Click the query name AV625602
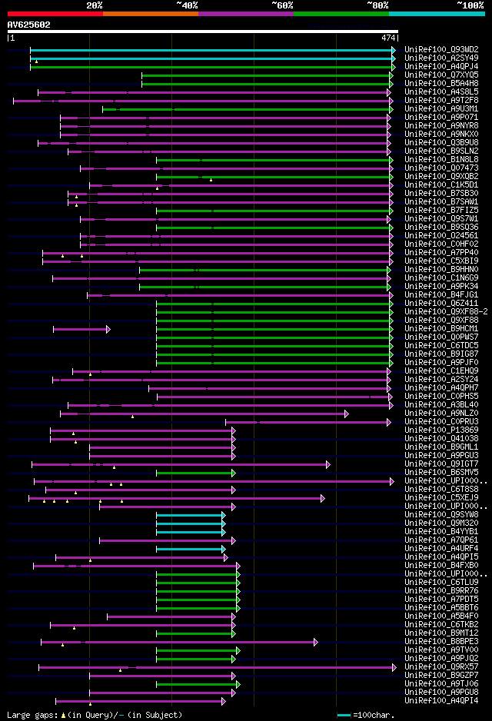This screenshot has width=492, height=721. coord(29,25)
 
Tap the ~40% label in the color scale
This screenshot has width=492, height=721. coord(187,5)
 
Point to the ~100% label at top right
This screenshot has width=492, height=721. coord(470,5)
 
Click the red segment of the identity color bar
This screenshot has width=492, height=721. coord(55,13)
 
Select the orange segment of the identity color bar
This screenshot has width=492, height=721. coord(150,13)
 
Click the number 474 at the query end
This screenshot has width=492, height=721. coord(387,37)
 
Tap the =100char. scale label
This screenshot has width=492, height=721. coord(373,715)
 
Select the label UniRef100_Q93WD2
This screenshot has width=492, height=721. coord(441,49)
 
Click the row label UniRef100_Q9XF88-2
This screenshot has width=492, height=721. coord(446,311)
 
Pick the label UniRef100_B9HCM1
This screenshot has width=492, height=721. coord(441,328)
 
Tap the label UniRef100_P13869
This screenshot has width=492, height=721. coord(441,430)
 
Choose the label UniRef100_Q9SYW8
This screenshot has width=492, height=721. coord(441,514)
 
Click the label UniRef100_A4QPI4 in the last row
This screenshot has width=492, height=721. coord(441,700)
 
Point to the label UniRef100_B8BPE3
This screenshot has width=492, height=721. coord(441,641)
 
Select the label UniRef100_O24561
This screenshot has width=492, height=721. coord(441,235)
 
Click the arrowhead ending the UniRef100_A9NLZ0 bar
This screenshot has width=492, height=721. coord(347,414)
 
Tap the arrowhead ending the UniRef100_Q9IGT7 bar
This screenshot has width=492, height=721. coord(328,464)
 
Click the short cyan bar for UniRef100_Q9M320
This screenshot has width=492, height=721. coord(190,523)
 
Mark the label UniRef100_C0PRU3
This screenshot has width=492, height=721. coord(441,421)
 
